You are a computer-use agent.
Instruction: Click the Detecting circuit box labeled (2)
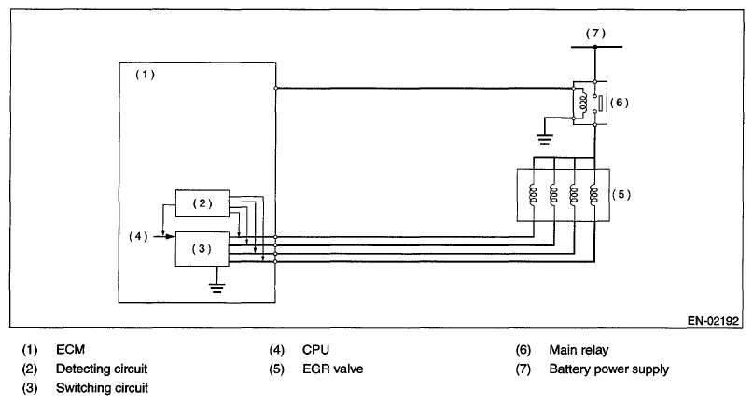pyautogui.click(x=202, y=203)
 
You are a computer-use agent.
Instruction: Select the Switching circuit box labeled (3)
pyautogui.click(x=202, y=247)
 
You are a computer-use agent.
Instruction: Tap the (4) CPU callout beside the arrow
pyautogui.click(x=139, y=235)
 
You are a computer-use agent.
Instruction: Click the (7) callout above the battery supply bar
pyautogui.click(x=595, y=33)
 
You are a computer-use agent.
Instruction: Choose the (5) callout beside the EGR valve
pyautogui.click(x=621, y=195)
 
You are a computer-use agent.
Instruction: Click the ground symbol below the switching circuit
pyautogui.click(x=218, y=286)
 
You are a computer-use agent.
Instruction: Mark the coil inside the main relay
pyautogui.click(x=585, y=101)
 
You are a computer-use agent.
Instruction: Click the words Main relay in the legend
pyautogui.click(x=581, y=351)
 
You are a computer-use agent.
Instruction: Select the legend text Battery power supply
pyautogui.click(x=608, y=369)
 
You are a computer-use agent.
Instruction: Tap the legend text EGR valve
pyautogui.click(x=332, y=369)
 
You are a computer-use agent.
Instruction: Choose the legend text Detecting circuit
pyautogui.click(x=102, y=369)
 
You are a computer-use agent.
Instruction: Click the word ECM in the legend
pyautogui.click(x=70, y=351)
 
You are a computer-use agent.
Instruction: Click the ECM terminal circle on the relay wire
pyautogui.click(x=277, y=88)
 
